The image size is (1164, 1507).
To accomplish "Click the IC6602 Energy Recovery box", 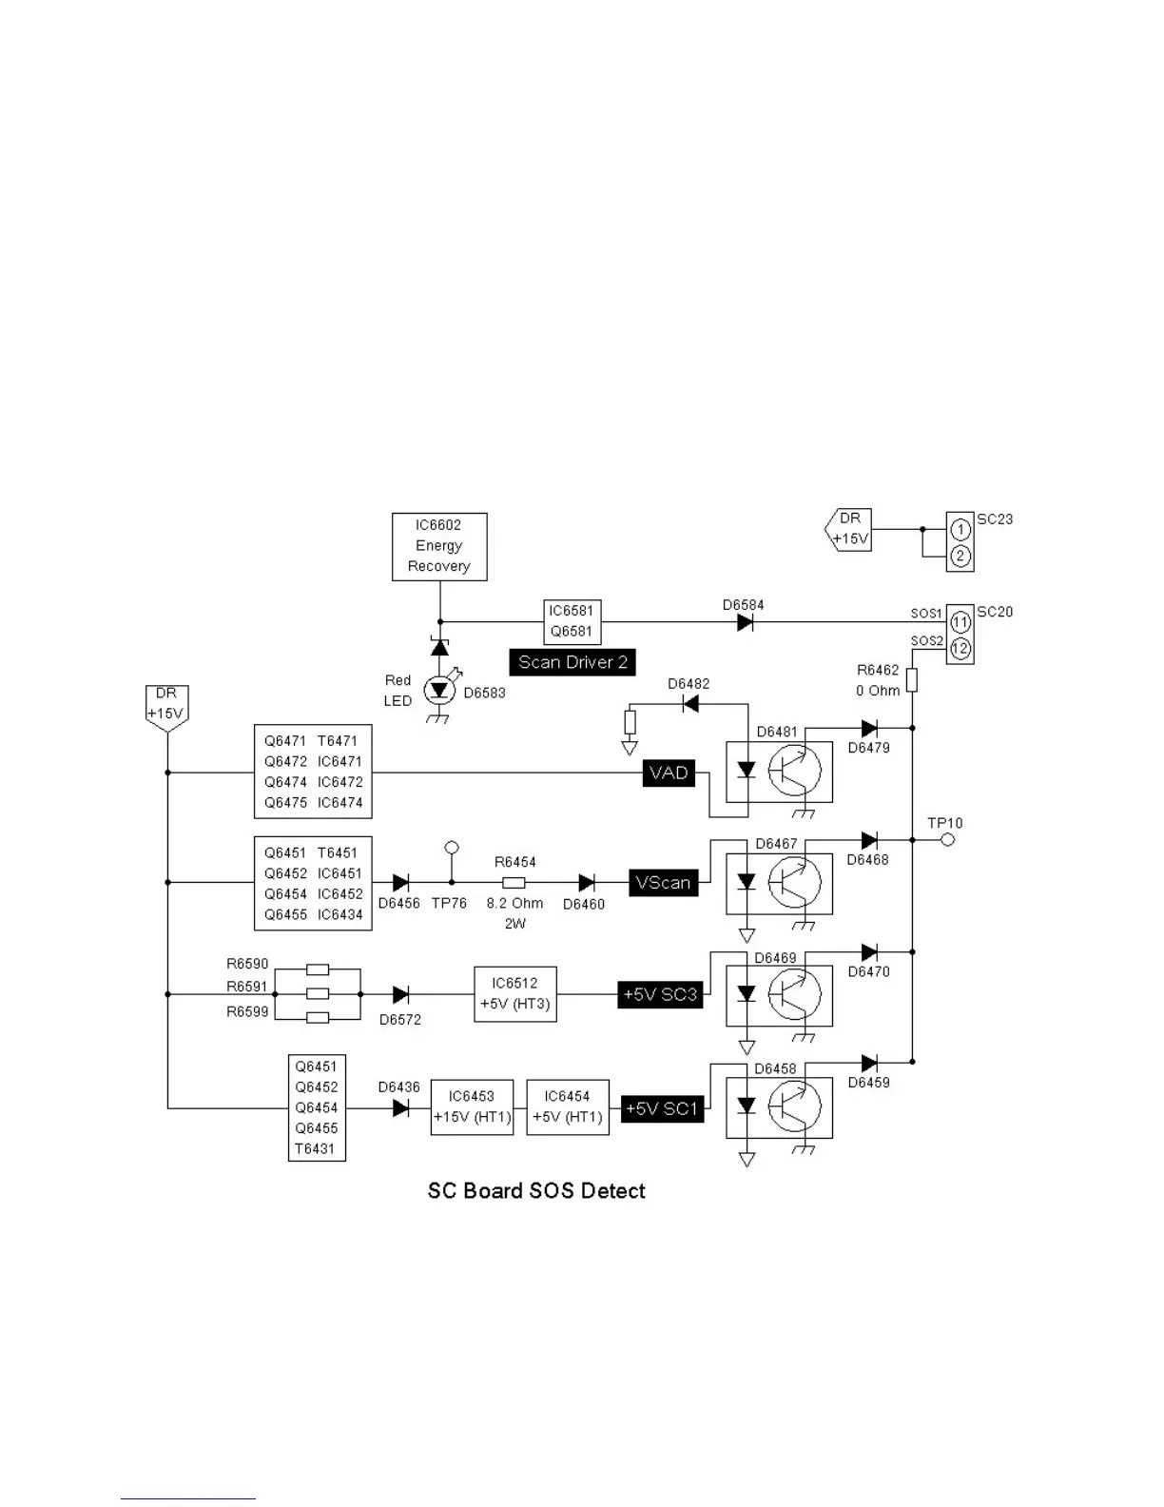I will click(x=439, y=546).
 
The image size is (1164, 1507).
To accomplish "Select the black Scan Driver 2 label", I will click(x=572, y=662).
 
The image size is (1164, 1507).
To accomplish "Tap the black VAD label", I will click(x=669, y=773).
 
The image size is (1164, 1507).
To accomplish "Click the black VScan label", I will click(x=663, y=883).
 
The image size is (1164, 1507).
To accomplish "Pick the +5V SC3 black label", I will click(x=660, y=995).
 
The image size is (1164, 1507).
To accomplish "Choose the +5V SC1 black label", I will click(x=662, y=1108).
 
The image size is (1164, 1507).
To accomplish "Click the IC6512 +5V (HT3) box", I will click(x=514, y=994).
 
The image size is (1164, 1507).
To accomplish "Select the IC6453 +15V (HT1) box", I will click(x=472, y=1106).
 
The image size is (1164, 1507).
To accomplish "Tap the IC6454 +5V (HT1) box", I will click(x=567, y=1106).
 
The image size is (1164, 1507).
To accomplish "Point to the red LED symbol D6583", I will click(x=439, y=691).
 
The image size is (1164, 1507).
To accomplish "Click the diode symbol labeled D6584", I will click(x=746, y=622).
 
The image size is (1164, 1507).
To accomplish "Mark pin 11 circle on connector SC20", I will click(x=960, y=623).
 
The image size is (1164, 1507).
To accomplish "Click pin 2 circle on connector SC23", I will click(x=960, y=556).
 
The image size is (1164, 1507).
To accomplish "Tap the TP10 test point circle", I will click(x=947, y=840).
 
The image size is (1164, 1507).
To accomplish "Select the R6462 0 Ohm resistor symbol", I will click(x=911, y=679).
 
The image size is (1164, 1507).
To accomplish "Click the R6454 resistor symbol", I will click(x=514, y=883).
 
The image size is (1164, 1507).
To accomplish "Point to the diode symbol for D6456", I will click(x=400, y=883).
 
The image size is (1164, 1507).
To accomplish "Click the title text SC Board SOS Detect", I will click(x=536, y=1191).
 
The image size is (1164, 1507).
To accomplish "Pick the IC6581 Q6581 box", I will click(x=572, y=621).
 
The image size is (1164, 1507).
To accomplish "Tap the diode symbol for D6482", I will click(x=691, y=704).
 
